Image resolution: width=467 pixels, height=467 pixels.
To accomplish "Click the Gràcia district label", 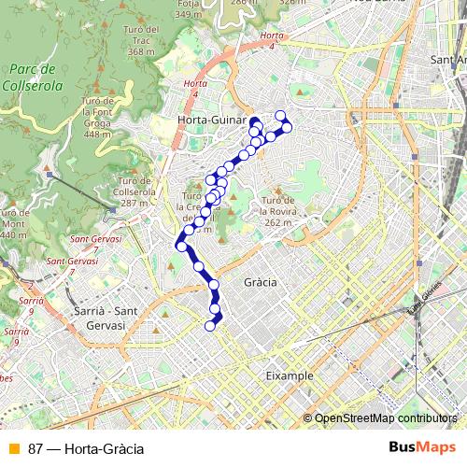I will (x=259, y=282).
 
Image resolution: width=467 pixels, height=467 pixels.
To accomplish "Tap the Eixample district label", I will (x=289, y=375).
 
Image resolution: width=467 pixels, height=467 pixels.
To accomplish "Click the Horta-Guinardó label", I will (x=212, y=120).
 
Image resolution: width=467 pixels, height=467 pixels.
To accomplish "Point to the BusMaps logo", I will (x=422, y=448).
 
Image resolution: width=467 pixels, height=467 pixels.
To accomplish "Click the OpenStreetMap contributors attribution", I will (x=385, y=417).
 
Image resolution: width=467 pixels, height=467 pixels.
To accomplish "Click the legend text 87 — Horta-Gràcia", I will (x=86, y=449).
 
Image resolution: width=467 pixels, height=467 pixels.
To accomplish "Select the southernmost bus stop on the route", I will (x=209, y=325).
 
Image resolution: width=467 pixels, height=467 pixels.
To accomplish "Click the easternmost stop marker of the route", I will (x=287, y=127).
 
